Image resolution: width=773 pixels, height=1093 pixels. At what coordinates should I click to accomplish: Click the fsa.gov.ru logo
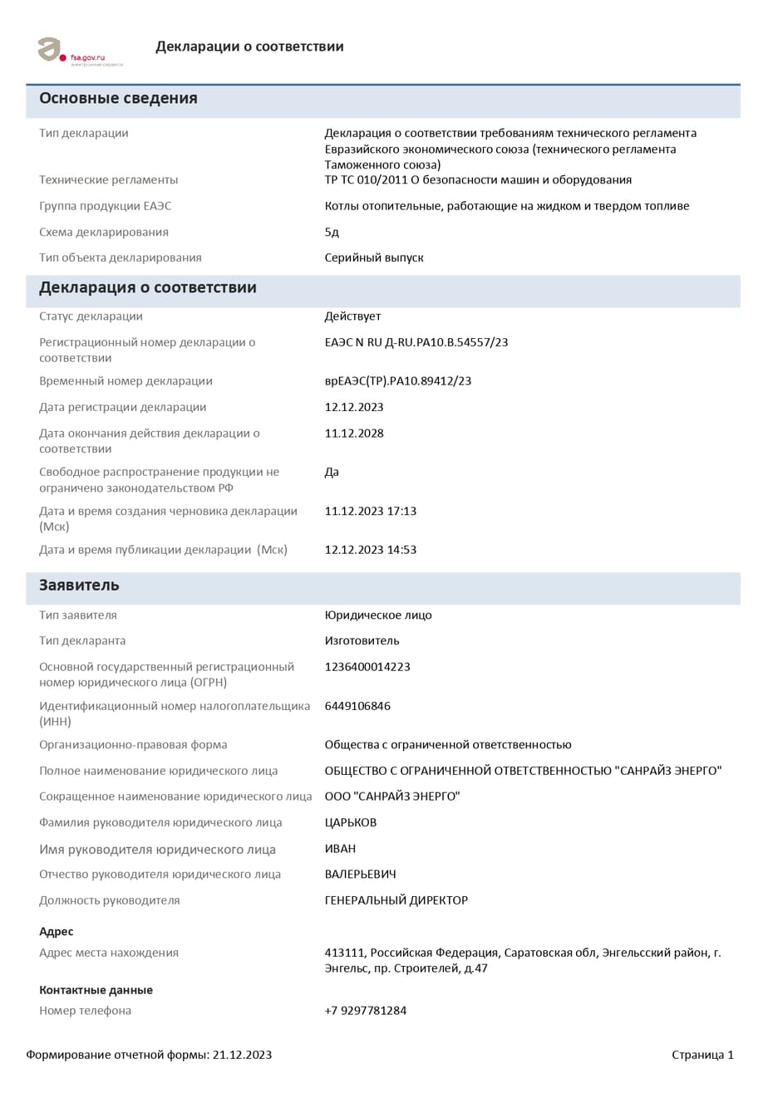(79, 51)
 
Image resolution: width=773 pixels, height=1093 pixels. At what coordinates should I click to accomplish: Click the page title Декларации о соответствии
(249, 47)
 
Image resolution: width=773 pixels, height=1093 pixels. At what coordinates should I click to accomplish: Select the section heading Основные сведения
(118, 99)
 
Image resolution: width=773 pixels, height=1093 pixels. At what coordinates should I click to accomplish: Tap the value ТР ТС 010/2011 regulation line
(478, 180)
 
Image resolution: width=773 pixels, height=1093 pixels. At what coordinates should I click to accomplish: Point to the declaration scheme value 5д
(332, 233)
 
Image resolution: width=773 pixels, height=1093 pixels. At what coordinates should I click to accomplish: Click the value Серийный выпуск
(374, 258)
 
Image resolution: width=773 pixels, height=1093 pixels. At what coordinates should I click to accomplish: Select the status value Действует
(352, 316)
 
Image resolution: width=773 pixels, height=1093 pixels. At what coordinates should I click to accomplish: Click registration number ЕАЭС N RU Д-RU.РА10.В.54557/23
(416, 342)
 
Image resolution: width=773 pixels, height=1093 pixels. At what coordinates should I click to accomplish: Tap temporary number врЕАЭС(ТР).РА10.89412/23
(398, 381)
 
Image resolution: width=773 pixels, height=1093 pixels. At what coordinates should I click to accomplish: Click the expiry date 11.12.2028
(354, 434)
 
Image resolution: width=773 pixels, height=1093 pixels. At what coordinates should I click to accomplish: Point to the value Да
(332, 473)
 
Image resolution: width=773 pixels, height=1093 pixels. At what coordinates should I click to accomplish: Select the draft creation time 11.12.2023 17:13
(371, 512)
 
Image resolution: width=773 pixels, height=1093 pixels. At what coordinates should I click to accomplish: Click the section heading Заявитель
(79, 586)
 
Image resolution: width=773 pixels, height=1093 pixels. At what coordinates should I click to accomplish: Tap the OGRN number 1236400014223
(367, 667)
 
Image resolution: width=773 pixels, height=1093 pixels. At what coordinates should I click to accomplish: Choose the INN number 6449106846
(357, 706)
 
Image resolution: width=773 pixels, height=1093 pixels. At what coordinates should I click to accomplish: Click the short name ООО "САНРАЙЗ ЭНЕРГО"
(392, 797)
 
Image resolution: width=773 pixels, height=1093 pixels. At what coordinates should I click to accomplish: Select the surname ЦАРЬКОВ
(351, 823)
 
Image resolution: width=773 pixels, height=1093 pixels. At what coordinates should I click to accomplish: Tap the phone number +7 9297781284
(366, 1011)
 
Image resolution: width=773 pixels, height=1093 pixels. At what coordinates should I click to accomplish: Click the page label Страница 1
(702, 1056)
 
